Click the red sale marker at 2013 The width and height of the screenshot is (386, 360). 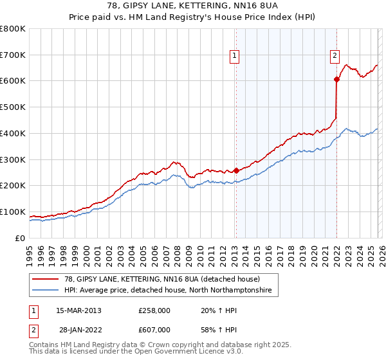tap(235, 170)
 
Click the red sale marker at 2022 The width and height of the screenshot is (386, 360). tap(336, 79)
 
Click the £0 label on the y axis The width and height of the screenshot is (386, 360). tap(19, 238)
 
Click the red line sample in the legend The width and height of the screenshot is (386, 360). tap(46, 279)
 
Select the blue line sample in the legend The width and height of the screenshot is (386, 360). tap(46, 291)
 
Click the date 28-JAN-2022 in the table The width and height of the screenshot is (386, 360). tap(78, 328)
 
